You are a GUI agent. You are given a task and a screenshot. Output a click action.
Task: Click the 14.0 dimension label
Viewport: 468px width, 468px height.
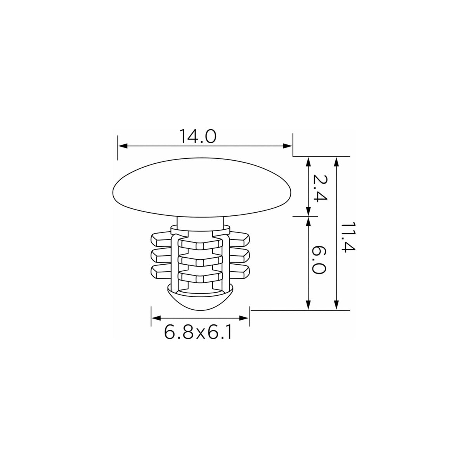click(x=198, y=136)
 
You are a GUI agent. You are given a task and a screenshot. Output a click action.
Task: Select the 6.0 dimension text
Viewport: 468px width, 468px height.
click(x=319, y=260)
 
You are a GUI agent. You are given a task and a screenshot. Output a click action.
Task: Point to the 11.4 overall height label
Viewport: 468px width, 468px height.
click(x=348, y=237)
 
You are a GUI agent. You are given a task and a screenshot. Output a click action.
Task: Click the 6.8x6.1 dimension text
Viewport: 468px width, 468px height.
click(x=198, y=332)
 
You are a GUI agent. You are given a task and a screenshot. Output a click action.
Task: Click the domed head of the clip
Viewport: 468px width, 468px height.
click(x=202, y=187)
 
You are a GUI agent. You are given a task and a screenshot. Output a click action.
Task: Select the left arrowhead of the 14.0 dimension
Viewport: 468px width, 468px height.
click(x=123, y=146)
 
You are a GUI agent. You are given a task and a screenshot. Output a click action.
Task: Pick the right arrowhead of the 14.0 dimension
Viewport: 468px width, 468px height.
click(x=288, y=146)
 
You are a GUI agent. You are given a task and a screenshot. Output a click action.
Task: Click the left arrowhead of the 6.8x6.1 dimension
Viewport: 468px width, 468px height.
click(x=156, y=318)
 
